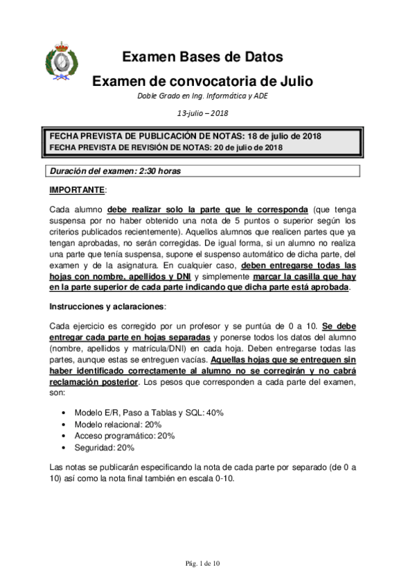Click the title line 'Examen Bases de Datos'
click(x=202, y=57)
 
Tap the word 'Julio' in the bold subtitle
click(x=294, y=81)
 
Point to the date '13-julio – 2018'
click(x=203, y=113)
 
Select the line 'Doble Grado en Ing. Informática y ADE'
click(x=203, y=96)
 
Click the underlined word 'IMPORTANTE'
click(x=76, y=190)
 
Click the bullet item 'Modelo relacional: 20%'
click(x=118, y=424)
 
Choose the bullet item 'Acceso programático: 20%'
click(x=125, y=436)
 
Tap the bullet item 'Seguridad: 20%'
click(x=105, y=448)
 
